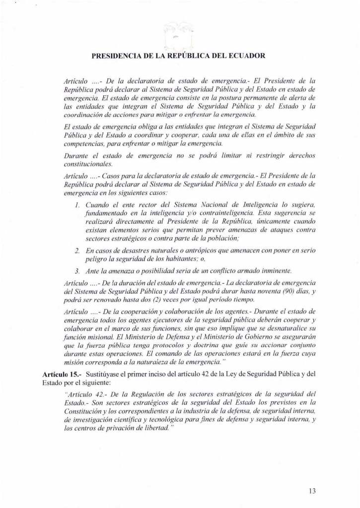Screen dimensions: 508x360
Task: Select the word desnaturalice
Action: pyautogui.click(x=285, y=329)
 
